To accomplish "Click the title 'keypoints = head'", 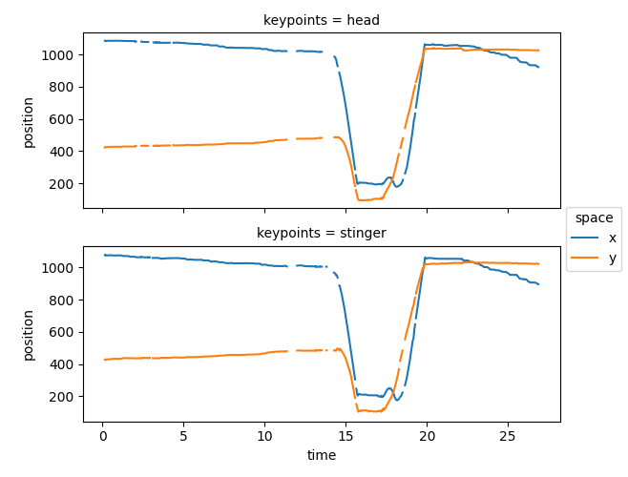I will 322,20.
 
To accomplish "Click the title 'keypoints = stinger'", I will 322,233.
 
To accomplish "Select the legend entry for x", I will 598,238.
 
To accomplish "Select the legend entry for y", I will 598,257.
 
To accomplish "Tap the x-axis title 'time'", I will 322,456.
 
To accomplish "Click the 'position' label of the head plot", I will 29,121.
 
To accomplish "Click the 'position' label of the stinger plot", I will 29,334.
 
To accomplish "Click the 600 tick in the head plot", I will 63,119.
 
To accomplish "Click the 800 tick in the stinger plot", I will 63,301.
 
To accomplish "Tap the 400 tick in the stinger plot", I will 63,364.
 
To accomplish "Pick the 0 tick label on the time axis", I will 103,435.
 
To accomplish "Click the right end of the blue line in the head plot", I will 538,67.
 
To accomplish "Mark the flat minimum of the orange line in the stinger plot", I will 371,410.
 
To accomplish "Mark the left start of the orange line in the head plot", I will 105,147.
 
